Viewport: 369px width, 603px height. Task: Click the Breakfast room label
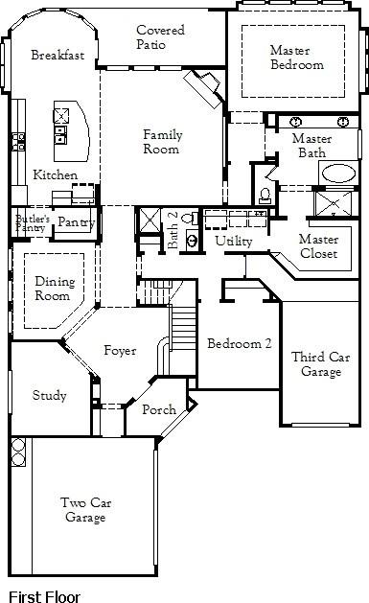pos(58,55)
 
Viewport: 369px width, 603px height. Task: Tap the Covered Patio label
pos(160,37)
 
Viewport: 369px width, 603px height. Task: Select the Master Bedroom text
pos(297,57)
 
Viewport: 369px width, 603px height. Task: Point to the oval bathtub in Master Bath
pos(338,174)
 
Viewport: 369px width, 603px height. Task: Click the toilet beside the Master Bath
pos(265,195)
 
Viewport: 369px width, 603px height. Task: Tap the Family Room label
pos(162,142)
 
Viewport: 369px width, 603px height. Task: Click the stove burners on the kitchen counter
pos(18,142)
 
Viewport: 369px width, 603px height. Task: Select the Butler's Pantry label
pos(33,223)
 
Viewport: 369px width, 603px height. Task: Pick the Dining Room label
pos(55,289)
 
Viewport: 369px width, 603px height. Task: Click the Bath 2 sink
pos(193,241)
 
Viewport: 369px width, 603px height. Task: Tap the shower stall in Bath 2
pos(150,220)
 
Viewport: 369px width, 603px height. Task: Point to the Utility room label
pos(233,242)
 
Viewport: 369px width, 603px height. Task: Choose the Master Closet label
pos(318,246)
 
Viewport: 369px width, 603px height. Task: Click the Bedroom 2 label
pos(240,343)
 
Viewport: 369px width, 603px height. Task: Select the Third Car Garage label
pos(320,364)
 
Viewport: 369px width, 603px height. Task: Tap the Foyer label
pos(120,351)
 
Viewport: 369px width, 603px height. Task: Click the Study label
pos(49,395)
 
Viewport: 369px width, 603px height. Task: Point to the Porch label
pos(159,409)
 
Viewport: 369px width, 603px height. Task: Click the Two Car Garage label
pos(85,510)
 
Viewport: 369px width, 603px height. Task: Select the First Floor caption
pos(44,596)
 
